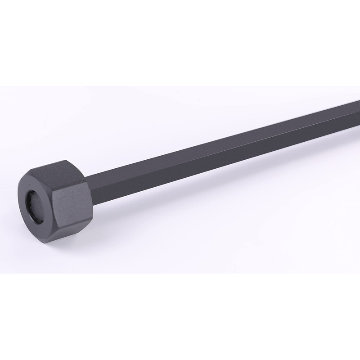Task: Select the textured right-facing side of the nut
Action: [x=72, y=204]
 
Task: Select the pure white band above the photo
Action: [x=180, y=40]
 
